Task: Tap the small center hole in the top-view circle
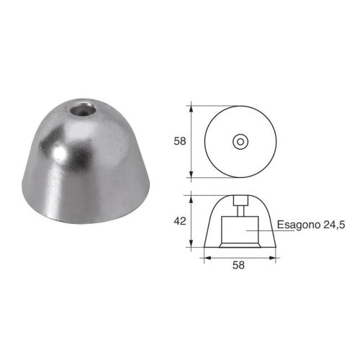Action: click(x=239, y=141)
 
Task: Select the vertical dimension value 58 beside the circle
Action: click(x=179, y=141)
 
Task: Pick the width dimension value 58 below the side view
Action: click(x=239, y=265)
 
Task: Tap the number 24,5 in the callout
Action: click(x=333, y=225)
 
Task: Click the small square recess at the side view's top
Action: click(x=239, y=202)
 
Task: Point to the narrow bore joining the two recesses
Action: click(x=239, y=212)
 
